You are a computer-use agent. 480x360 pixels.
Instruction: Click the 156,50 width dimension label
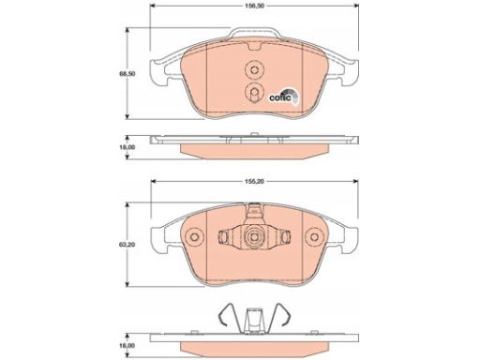point(255,6)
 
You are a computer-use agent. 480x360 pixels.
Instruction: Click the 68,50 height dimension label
point(127,74)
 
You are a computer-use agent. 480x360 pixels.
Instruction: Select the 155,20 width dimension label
point(255,181)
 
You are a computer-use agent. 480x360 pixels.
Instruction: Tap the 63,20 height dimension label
point(127,245)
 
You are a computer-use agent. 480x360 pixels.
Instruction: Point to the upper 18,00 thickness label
point(127,147)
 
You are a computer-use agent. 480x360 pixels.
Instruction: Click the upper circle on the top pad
point(254,69)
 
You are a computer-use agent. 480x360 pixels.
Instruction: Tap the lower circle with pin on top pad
point(254,92)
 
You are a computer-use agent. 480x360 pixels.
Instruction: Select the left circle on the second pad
point(194,237)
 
